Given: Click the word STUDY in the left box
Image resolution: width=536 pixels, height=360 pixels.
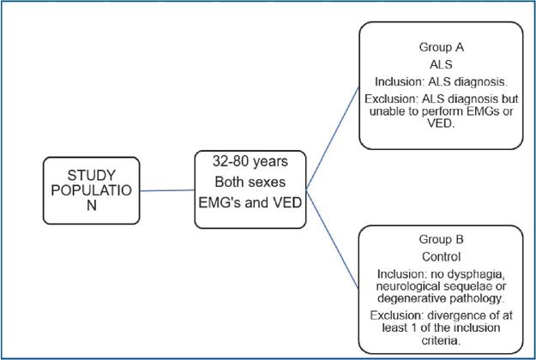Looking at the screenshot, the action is click(x=92, y=175).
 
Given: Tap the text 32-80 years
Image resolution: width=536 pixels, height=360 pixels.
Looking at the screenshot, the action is click(x=250, y=161).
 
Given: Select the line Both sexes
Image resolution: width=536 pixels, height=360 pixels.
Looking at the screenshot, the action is click(x=250, y=182).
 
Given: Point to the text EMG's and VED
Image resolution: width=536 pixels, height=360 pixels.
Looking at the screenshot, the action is click(x=250, y=202).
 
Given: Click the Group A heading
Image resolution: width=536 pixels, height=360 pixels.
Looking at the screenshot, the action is click(x=442, y=47).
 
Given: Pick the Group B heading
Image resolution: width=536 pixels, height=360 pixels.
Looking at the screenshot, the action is click(x=442, y=239).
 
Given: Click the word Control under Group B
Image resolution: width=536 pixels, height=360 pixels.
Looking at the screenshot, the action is click(x=442, y=256).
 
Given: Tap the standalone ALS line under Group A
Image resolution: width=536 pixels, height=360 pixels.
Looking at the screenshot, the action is click(x=442, y=64).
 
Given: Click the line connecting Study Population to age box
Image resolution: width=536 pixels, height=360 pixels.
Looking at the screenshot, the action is click(x=167, y=190).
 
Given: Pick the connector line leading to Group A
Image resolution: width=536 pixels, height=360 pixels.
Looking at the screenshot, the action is click(x=333, y=138).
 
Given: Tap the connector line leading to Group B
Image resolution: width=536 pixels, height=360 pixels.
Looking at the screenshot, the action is click(x=333, y=240).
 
